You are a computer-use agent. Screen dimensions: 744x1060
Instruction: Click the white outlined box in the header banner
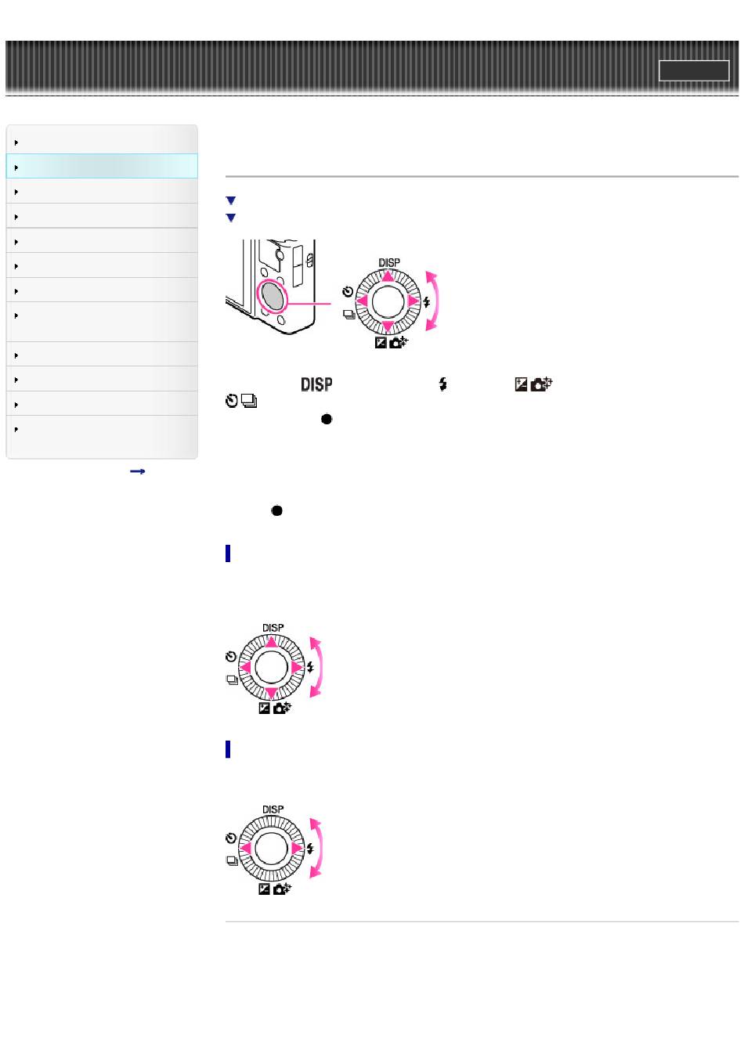click(693, 70)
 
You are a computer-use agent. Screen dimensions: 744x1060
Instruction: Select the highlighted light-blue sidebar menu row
click(102, 166)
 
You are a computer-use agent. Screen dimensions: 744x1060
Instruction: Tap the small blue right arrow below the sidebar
click(137, 471)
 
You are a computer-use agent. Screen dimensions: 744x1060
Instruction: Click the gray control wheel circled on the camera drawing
click(272, 297)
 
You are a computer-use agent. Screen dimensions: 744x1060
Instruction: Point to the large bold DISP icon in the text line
click(316, 384)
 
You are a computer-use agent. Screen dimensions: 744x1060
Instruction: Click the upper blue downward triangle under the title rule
click(231, 200)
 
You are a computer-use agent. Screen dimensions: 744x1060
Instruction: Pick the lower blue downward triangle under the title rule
click(231, 218)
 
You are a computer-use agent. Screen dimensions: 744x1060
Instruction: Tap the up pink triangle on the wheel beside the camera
click(388, 276)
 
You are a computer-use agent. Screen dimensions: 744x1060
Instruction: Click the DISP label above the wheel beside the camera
click(389, 262)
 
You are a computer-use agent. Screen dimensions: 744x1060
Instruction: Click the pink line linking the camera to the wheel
click(309, 303)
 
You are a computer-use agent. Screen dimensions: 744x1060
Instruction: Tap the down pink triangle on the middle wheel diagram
click(271, 693)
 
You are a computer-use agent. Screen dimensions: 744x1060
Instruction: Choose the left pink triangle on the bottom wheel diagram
click(245, 849)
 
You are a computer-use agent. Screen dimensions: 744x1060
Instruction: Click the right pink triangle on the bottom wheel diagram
click(296, 849)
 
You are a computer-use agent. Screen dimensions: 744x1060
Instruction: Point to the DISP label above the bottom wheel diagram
click(273, 809)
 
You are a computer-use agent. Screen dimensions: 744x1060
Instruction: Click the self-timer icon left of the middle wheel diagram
click(231, 656)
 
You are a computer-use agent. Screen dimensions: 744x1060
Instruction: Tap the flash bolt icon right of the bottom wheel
click(310, 849)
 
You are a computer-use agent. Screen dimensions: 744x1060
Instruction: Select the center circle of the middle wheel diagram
click(271, 667)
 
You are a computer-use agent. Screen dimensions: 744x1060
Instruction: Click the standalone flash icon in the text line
click(442, 384)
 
